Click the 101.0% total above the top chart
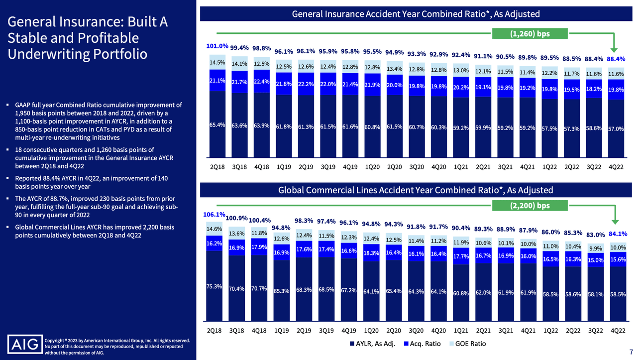tap(217, 46)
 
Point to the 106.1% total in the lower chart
tap(214, 215)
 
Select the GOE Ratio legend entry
tap(468, 344)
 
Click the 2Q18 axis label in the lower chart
tap(214, 330)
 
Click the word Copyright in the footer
tap(56, 341)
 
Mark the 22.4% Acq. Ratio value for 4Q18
tap(261, 82)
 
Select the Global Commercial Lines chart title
tap(415, 190)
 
